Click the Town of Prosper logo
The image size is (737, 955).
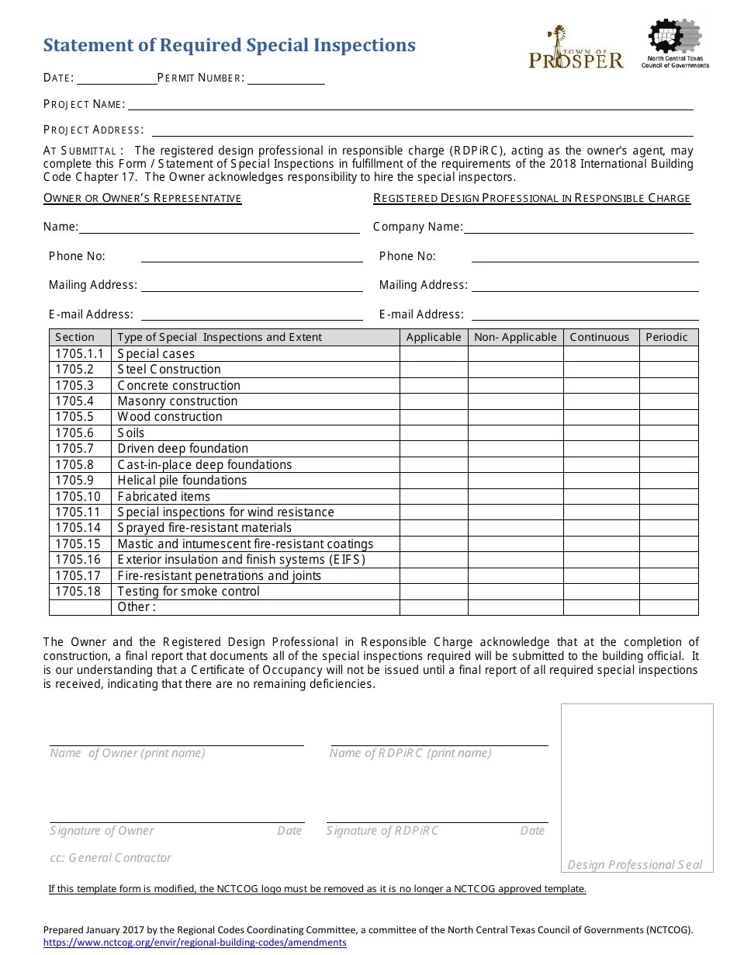[576, 49]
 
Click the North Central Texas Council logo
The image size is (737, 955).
[675, 44]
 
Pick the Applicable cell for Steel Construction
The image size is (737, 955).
[434, 370]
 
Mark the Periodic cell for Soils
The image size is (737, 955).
[668, 433]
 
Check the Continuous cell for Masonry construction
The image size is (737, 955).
[600, 401]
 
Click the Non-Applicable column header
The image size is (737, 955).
[515, 337]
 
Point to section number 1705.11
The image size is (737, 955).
[78, 512]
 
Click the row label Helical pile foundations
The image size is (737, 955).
[182, 481]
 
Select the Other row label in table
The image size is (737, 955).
[137, 607]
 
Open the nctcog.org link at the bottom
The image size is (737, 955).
[195, 943]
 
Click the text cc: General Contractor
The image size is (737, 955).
[110, 858]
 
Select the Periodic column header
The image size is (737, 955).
[667, 337]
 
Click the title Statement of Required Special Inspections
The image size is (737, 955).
[230, 46]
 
